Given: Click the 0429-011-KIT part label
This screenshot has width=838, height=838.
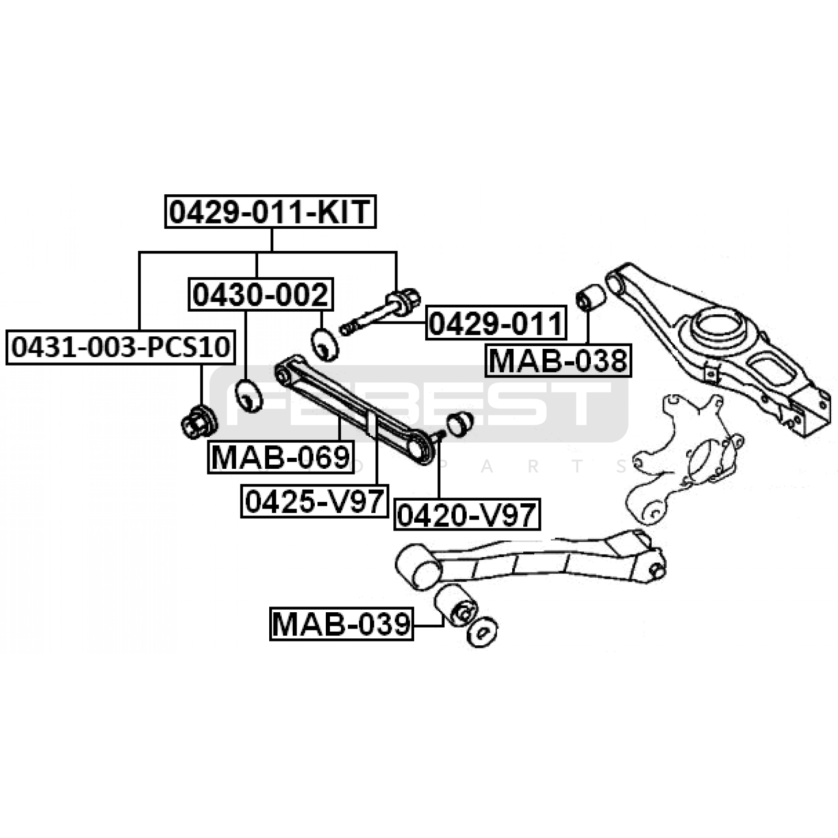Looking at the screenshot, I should pos(271,212).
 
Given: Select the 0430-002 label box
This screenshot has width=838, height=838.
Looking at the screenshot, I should pos(260,294).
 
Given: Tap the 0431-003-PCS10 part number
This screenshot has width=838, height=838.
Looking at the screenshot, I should pos(120,347).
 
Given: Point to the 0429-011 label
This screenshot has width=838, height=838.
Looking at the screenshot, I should pos(496,323).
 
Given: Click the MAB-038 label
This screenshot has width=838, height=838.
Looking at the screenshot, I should pos(558,360).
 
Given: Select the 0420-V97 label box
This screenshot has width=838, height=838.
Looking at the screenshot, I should pos(467,515).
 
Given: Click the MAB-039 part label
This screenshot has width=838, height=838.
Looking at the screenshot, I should pos(341,624).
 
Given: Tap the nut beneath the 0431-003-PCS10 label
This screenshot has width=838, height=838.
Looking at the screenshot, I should pos(199,423).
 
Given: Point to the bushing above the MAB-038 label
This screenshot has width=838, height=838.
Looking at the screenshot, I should pos(590,297).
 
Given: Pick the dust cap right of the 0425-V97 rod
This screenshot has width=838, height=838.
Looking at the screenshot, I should pos(460,423).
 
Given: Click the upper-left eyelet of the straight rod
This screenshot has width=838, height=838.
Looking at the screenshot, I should pos(284,373).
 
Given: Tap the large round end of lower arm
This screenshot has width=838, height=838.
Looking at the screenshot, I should pos(417,566).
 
